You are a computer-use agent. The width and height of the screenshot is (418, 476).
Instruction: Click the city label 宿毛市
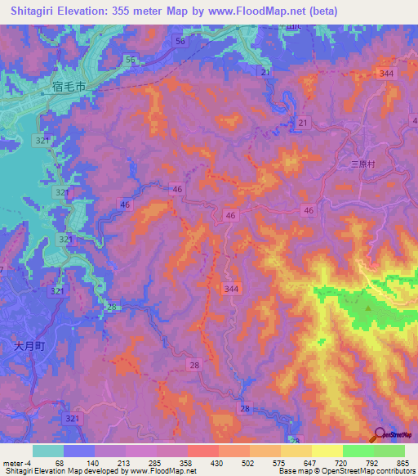(69, 86)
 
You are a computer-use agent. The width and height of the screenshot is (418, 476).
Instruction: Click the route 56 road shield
(180, 41)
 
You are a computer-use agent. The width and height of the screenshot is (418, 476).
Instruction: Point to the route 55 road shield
(131, 61)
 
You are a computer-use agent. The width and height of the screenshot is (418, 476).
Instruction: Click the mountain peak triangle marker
(369, 308)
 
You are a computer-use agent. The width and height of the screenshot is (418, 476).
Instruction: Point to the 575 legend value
(290, 463)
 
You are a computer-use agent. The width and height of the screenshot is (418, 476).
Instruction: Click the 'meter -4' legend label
(17, 463)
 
